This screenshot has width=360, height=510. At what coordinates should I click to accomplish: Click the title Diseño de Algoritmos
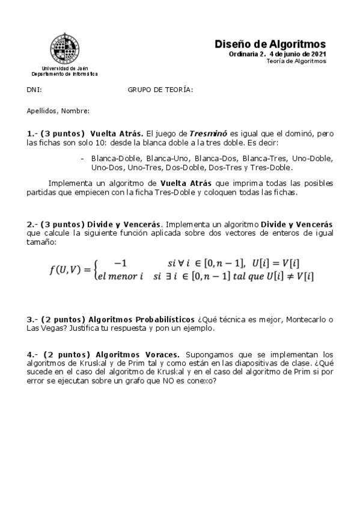click(270, 45)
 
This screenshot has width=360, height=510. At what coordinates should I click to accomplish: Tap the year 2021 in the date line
click(317, 54)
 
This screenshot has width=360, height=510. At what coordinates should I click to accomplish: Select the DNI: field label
click(34, 90)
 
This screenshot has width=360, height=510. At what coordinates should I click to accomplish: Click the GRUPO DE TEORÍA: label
click(160, 90)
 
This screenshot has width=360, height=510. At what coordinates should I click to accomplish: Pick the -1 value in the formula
click(121, 263)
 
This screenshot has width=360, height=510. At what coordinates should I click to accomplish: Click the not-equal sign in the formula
click(281, 276)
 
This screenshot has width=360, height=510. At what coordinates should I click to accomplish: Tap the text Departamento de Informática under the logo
click(64, 74)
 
